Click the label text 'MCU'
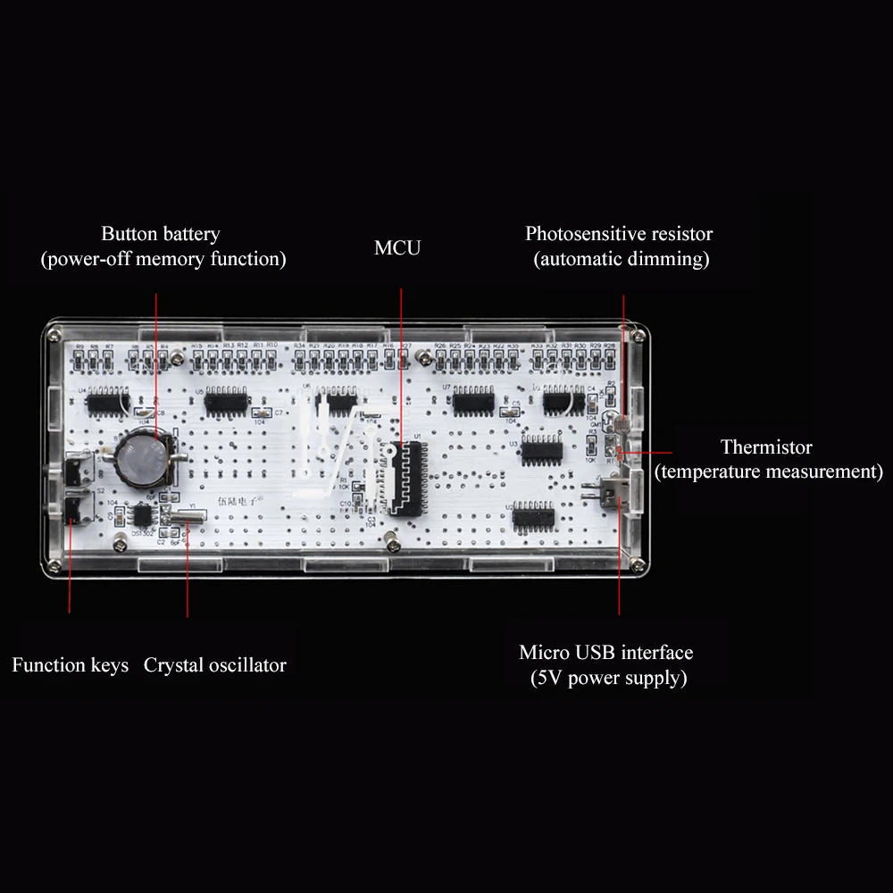click(x=397, y=247)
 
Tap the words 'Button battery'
click(x=160, y=234)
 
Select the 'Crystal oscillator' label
click(x=215, y=665)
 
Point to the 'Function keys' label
click(x=71, y=665)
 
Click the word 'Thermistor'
click(x=766, y=446)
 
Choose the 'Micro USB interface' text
click(x=606, y=653)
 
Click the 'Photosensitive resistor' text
click(x=619, y=234)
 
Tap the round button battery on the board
click(x=144, y=456)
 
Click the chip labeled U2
click(x=533, y=516)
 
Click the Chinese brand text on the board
click(x=235, y=502)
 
